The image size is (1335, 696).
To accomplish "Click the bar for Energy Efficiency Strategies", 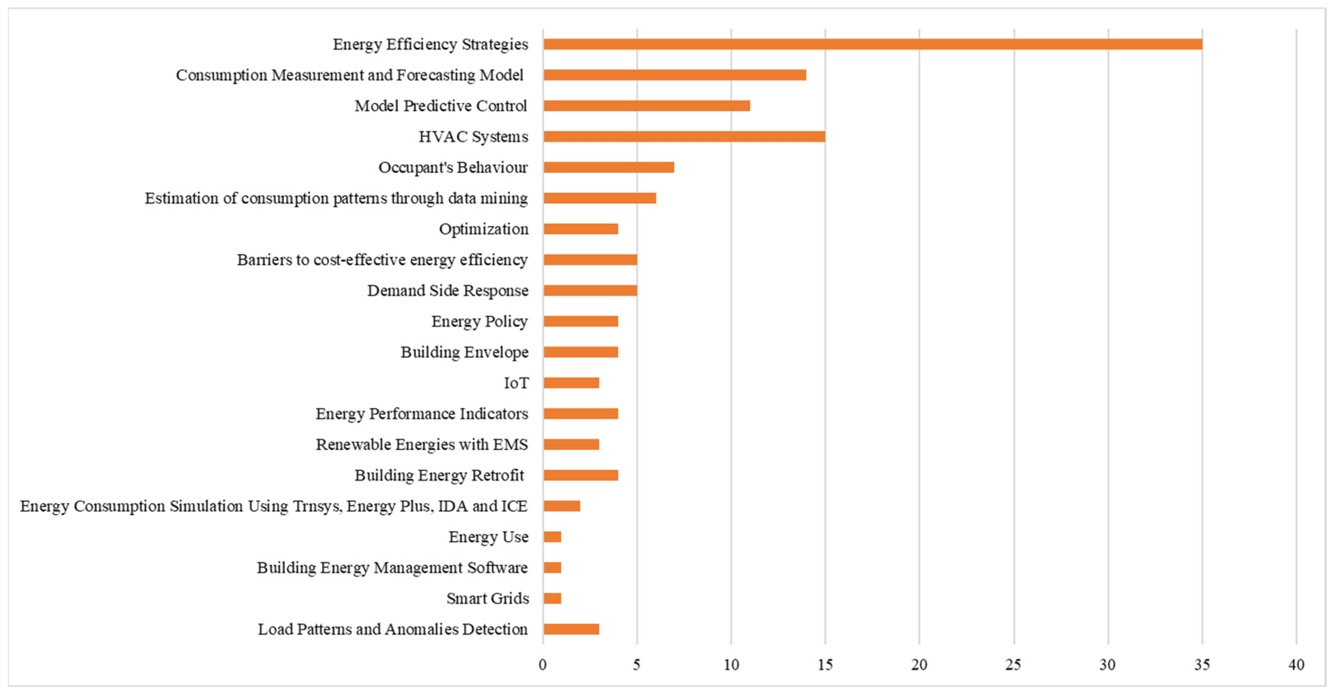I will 872,44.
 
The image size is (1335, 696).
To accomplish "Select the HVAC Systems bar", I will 684,136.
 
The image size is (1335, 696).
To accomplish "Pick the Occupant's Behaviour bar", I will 608,168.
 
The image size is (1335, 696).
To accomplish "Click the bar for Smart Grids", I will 552,599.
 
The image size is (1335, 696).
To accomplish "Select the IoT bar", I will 571,383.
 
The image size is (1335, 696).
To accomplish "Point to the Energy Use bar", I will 552,537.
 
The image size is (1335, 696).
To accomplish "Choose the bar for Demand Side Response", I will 590,290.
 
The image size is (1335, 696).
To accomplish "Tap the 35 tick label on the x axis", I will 1202,665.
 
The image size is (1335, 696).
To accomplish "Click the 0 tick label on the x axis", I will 543,665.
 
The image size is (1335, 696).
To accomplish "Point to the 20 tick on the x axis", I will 920,665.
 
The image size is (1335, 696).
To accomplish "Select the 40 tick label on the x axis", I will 1296,665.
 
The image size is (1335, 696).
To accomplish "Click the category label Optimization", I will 484,229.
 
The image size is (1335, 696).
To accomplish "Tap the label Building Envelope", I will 464,352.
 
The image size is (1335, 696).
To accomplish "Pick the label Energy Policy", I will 479,322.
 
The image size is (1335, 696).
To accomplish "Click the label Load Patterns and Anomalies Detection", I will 393,629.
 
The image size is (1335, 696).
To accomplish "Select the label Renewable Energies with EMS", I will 422,445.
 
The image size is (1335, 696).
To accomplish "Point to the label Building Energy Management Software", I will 392,568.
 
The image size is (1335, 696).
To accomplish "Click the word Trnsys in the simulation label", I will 317,506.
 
